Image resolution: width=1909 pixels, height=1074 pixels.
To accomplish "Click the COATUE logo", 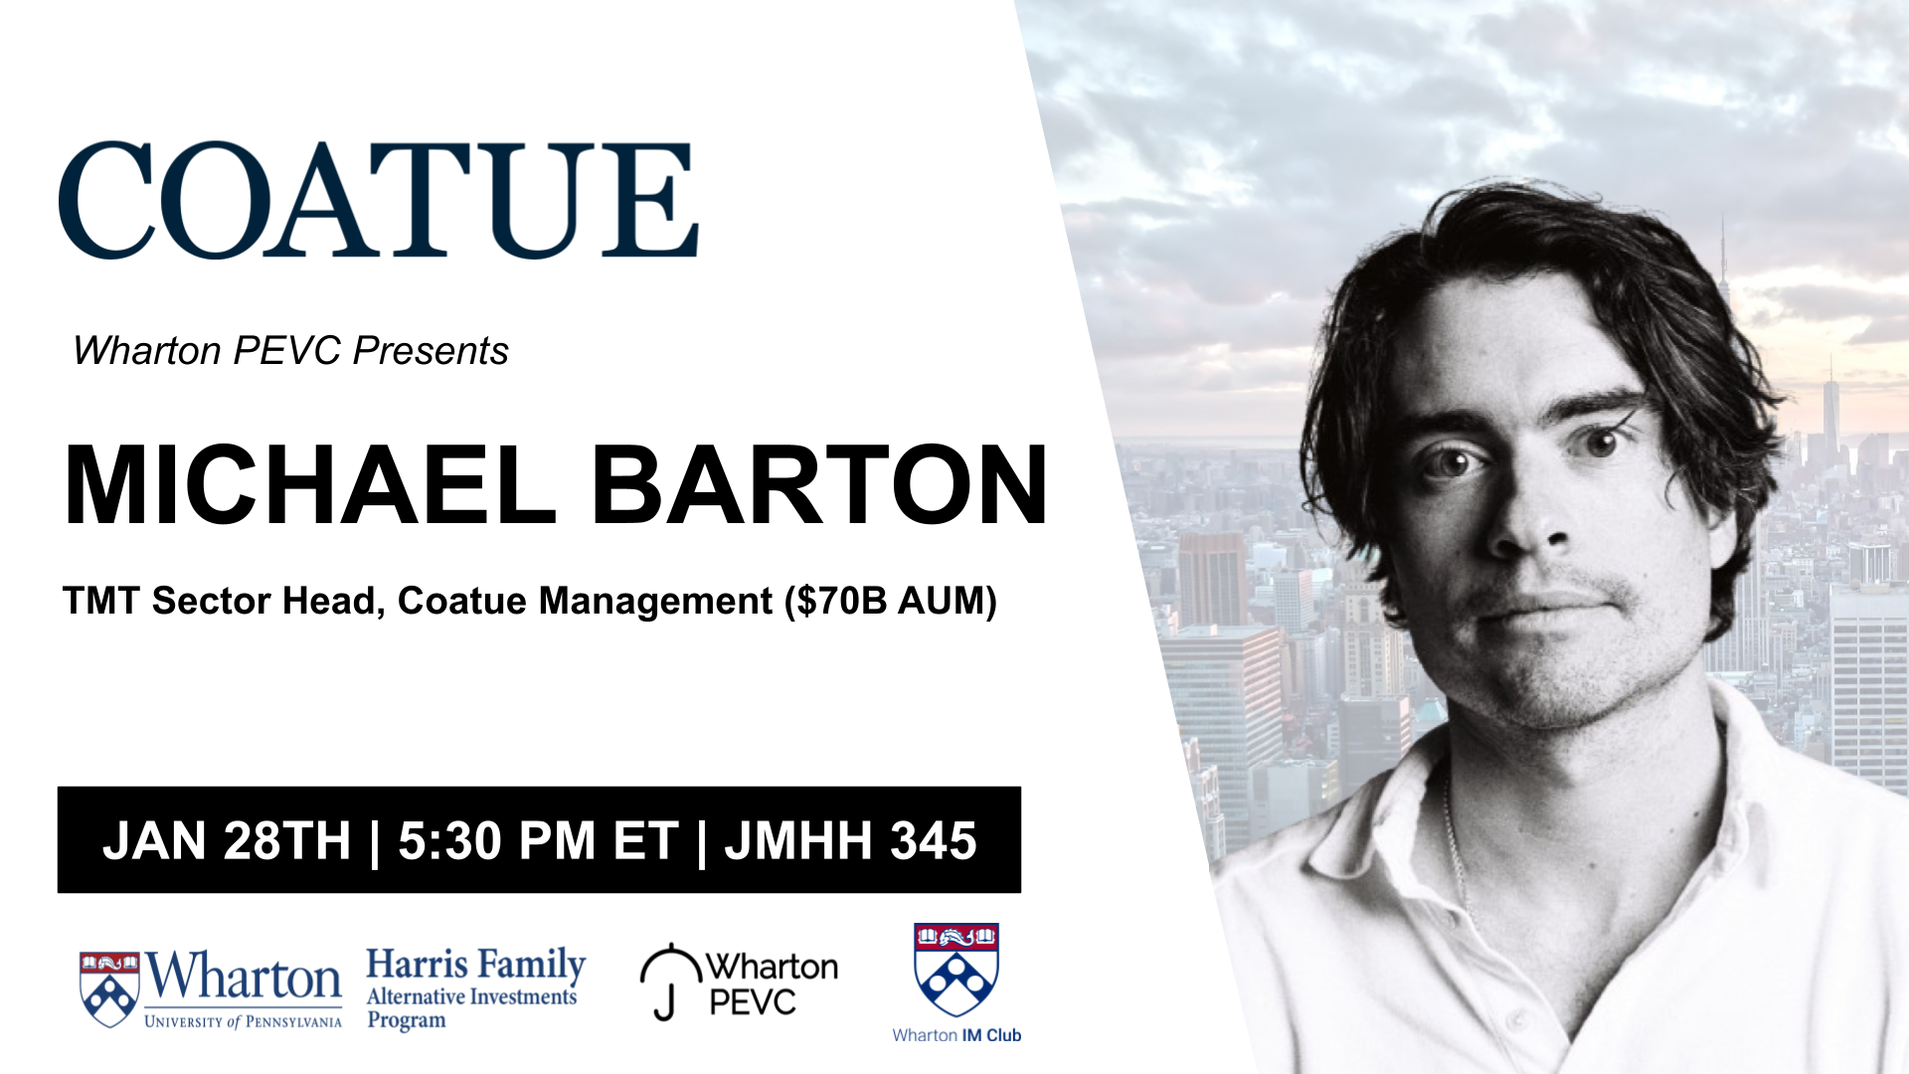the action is click(x=379, y=200).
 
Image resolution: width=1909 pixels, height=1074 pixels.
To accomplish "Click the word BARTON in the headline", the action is click(x=819, y=485).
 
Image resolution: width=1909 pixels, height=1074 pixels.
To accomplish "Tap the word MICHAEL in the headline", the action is click(x=310, y=485).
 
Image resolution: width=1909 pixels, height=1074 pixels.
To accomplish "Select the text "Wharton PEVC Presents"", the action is click(x=290, y=351).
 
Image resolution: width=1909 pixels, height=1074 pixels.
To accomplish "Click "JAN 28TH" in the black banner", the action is click(x=227, y=841).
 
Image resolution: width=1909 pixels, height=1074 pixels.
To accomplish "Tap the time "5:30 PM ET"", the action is click(x=538, y=841).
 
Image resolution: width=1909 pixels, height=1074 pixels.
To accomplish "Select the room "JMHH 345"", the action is click(x=850, y=841).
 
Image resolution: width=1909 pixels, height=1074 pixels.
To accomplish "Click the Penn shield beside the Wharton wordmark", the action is click(x=109, y=989).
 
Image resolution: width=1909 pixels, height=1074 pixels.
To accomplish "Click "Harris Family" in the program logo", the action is click(x=476, y=965).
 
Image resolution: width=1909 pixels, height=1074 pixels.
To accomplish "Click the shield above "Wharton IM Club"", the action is click(x=956, y=970).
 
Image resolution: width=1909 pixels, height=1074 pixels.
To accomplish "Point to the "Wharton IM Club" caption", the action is click(x=956, y=1035).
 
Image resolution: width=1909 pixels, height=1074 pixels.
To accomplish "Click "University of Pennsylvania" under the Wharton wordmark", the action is click(x=243, y=1022).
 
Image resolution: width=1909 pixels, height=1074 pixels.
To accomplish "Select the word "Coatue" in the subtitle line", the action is click(x=462, y=602).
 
